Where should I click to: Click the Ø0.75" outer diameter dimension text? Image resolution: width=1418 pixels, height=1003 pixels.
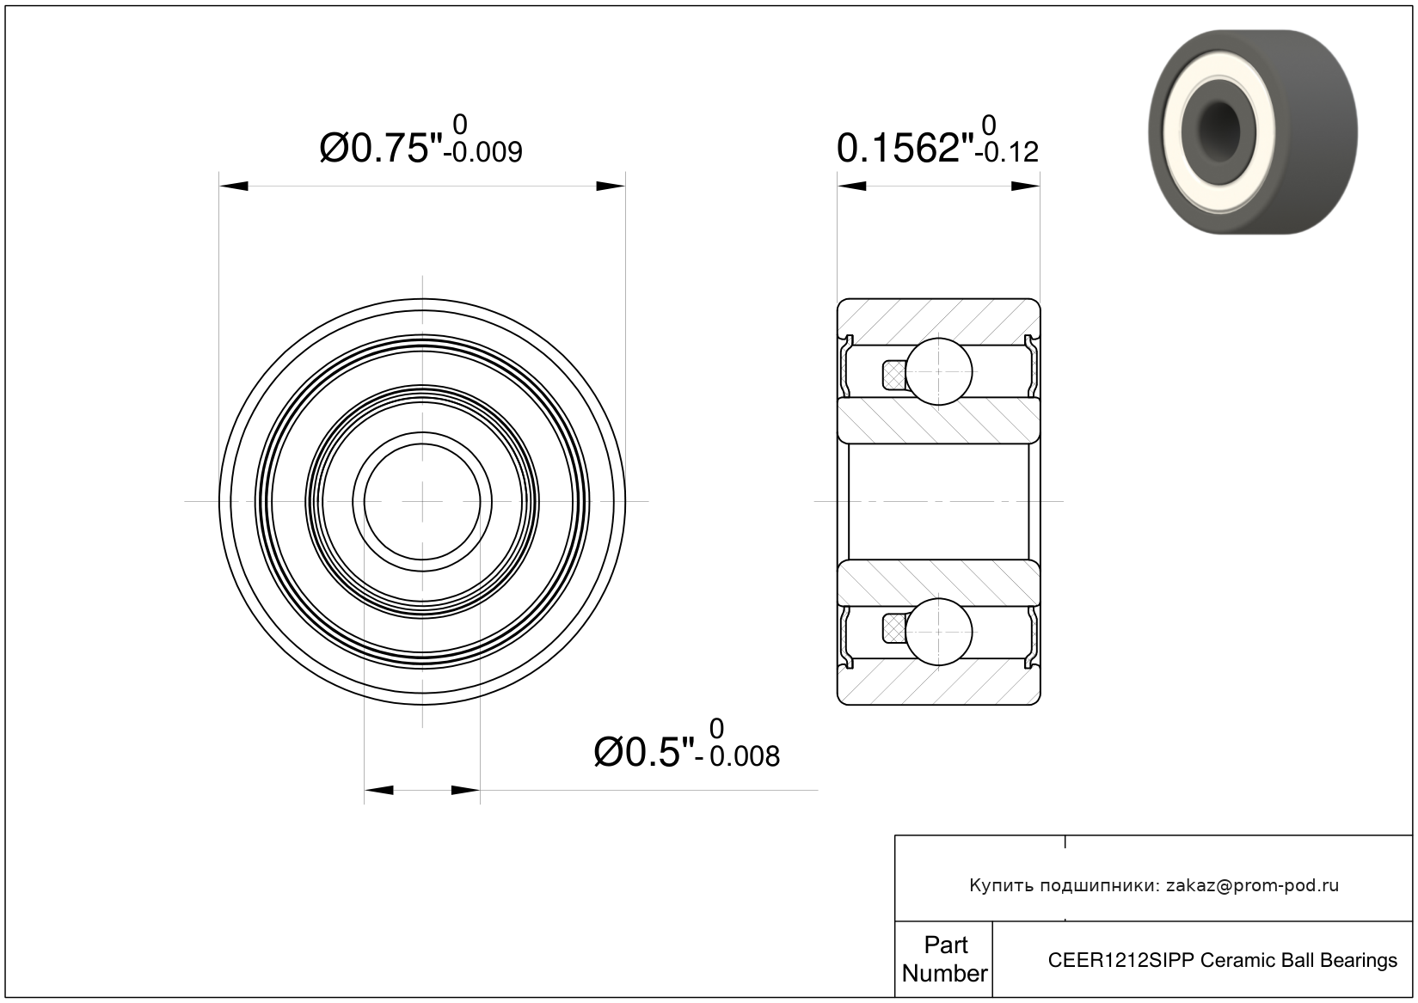(380, 149)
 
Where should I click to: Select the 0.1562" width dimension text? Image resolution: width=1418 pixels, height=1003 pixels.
(905, 149)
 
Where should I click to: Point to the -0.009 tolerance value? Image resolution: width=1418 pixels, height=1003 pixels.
(483, 152)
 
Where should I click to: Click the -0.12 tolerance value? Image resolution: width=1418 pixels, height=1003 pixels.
(1006, 152)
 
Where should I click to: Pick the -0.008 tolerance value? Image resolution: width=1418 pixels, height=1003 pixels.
(738, 756)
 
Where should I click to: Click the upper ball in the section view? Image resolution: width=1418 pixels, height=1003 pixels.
(938, 371)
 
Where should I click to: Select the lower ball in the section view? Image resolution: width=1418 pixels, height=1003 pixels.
(938, 632)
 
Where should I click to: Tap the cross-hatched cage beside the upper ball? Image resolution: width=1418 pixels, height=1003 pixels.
(893, 375)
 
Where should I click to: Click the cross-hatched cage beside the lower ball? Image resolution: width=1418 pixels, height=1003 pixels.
(893, 630)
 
